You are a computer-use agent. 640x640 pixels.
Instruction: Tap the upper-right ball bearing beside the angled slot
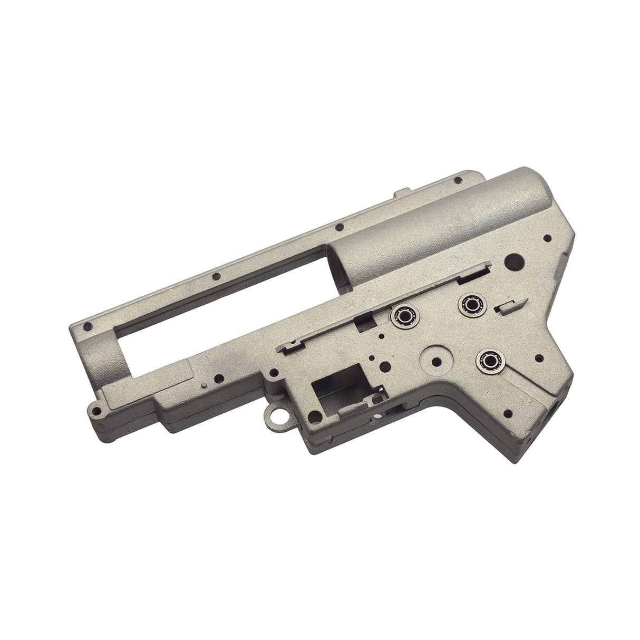click(x=469, y=304)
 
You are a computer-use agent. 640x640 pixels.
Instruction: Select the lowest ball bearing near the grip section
click(x=487, y=361)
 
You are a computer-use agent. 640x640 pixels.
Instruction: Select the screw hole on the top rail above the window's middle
click(x=215, y=276)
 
